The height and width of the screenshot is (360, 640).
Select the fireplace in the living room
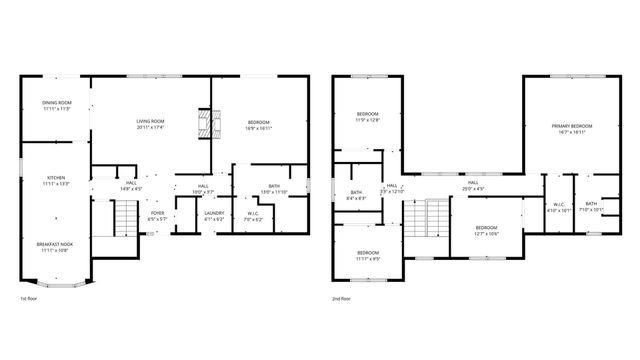[x=205, y=124]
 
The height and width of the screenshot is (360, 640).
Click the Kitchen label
[x=55, y=181]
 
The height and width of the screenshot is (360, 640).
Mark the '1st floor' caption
[x=31, y=298]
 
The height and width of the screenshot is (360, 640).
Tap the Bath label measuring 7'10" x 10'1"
[x=592, y=207]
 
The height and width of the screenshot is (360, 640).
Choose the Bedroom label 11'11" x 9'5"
[x=368, y=255]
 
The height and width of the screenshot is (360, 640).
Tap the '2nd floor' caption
[x=343, y=298]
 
